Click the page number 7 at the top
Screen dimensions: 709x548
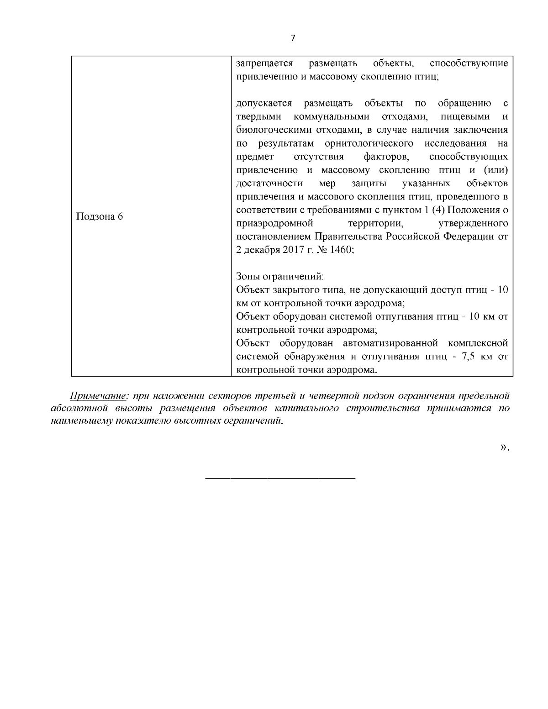tap(293, 38)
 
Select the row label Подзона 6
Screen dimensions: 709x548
tap(99, 216)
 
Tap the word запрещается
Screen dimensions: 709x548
tap(264, 63)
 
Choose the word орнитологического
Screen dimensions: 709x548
tap(369, 143)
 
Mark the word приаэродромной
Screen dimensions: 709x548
tap(274, 224)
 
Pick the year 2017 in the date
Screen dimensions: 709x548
tap(285, 250)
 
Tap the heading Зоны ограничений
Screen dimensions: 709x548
tap(280, 277)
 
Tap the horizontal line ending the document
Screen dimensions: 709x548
tap(280, 478)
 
